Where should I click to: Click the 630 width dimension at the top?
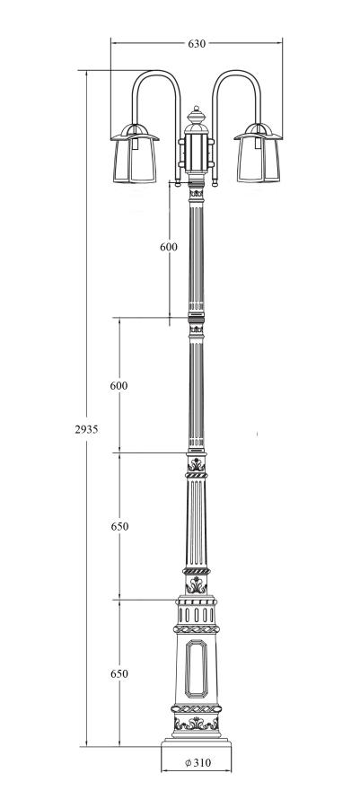pos(197,44)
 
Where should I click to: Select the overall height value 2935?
pos(86,429)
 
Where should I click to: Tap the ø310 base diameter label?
pos(198,762)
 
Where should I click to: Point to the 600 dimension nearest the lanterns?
pos(169,247)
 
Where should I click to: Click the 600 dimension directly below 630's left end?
pos(119,385)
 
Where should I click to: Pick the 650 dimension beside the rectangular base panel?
pos(119,673)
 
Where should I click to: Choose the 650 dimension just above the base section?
pos(119,527)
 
